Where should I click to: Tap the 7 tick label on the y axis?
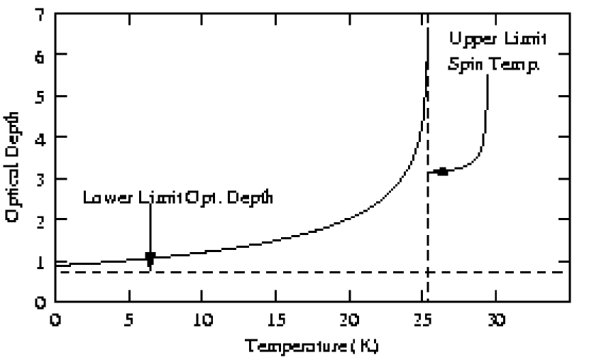point(40,13)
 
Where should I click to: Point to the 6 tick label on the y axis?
point(40,55)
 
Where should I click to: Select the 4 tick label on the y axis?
point(40,137)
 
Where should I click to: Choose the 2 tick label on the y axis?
point(40,220)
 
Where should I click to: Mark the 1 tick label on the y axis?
point(40,261)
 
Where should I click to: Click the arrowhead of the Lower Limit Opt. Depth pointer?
point(150,257)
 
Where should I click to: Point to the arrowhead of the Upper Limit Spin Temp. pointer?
point(441,171)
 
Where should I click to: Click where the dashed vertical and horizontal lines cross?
point(427,272)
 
